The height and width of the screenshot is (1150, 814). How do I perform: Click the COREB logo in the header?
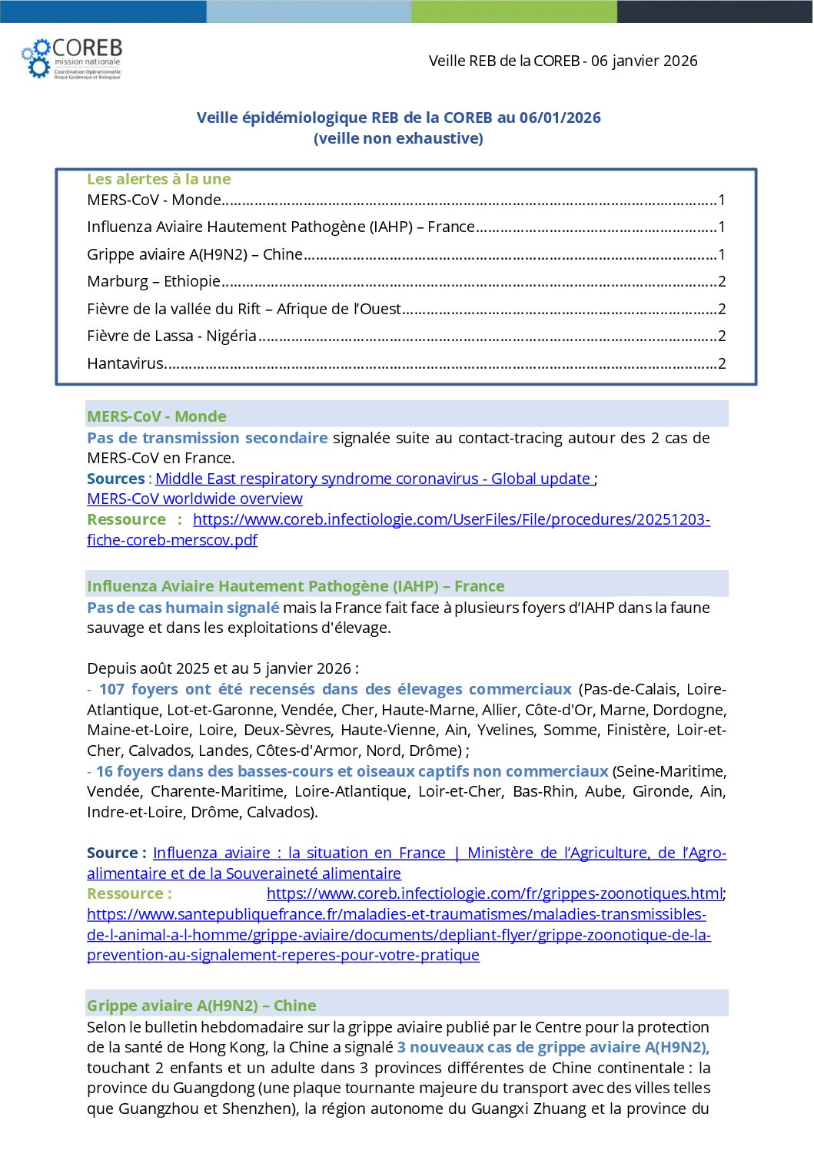[71, 58]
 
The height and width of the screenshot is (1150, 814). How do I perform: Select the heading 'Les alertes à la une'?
[158, 179]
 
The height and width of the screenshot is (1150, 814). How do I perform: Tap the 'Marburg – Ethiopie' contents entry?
[154, 281]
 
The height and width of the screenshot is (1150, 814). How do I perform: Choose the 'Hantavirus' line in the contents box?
[125, 363]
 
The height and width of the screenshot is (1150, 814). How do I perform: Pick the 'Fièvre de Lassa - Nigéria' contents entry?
[171, 336]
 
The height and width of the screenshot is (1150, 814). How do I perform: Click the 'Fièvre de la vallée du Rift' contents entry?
[244, 309]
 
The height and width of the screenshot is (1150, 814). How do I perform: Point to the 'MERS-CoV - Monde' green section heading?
[157, 416]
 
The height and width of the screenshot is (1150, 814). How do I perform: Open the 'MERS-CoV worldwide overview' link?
[194, 499]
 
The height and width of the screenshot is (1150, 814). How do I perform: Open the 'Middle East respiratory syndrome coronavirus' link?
[373, 479]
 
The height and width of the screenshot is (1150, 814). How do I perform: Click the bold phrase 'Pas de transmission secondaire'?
[207, 438]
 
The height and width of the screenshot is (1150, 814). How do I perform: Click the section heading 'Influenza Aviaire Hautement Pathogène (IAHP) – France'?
[295, 586]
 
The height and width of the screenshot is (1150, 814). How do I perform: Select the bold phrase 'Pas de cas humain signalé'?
[183, 608]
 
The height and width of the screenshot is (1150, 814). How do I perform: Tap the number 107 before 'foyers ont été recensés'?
[111, 689]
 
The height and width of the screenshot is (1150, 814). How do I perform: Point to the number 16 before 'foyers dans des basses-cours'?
[105, 771]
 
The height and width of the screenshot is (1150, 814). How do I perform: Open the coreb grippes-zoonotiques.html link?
[494, 893]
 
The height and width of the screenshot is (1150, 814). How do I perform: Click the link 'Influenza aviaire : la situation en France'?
[300, 853]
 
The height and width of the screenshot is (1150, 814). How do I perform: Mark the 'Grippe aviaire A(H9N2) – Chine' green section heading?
[201, 1006]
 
